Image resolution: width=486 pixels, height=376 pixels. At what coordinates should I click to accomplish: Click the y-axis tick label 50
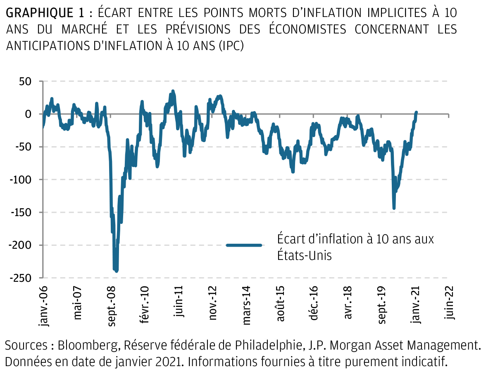(x=24, y=81)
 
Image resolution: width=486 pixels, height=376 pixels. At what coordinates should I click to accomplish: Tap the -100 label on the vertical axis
(x=21, y=180)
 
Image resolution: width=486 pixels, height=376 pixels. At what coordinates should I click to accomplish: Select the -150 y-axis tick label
(x=21, y=212)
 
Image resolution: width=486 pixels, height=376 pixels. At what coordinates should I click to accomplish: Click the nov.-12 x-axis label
(x=213, y=305)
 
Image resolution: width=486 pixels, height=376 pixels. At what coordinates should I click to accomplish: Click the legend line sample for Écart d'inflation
(x=244, y=245)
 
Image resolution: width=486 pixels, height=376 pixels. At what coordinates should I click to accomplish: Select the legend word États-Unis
(x=305, y=255)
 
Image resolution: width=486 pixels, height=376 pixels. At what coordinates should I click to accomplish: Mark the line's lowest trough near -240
(x=116, y=271)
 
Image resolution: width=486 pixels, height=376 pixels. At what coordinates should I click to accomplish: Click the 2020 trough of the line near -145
(x=394, y=208)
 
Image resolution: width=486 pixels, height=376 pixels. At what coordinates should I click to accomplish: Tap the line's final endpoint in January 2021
(x=416, y=112)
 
